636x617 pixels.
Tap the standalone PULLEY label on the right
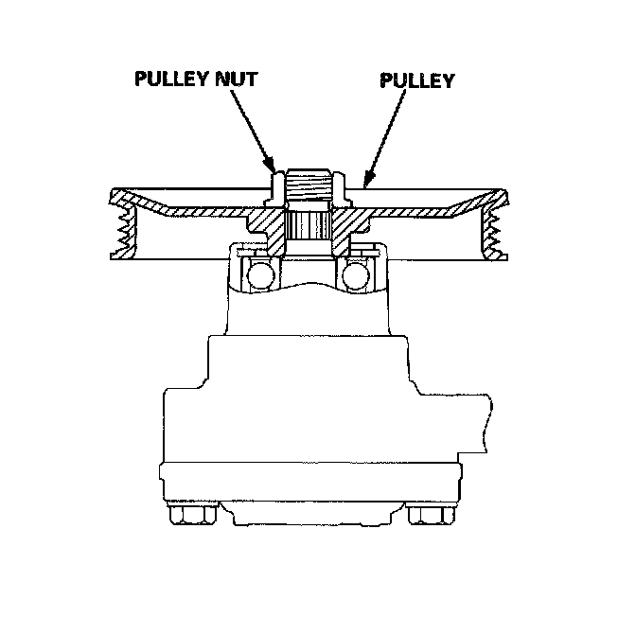coord(416,80)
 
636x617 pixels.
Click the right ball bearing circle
coord(357,274)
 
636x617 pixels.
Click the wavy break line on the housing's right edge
coord(488,416)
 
